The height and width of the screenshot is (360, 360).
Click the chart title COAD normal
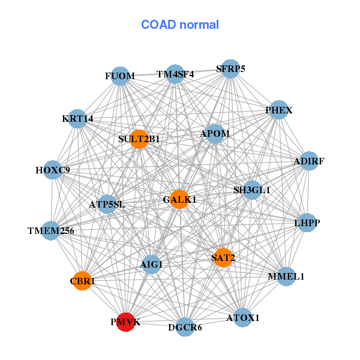pos(180,25)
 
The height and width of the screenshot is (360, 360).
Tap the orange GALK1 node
pos(179,199)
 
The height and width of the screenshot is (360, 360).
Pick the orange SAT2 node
pos(223,258)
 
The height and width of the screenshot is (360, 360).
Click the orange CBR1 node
pos(82,281)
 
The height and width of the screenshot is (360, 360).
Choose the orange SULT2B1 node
pos(139,139)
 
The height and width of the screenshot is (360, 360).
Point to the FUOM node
pos(121,76)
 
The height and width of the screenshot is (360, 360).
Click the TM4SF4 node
pos(175,74)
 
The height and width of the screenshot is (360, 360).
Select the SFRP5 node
pos(230,69)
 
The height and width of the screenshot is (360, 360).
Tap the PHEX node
pos(278,110)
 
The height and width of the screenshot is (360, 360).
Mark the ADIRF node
pos(308,161)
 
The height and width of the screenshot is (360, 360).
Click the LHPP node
pos(307,223)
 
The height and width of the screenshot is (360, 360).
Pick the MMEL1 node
pos(286,277)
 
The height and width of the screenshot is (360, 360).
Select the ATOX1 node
pos(242,317)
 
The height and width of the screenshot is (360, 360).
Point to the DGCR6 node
pos(185,327)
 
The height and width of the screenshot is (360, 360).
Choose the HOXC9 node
pos(53,170)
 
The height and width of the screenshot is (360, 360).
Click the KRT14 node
pos(77,119)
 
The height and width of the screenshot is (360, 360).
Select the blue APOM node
pos(215,133)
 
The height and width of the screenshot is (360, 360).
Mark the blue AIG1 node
pos(151,264)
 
